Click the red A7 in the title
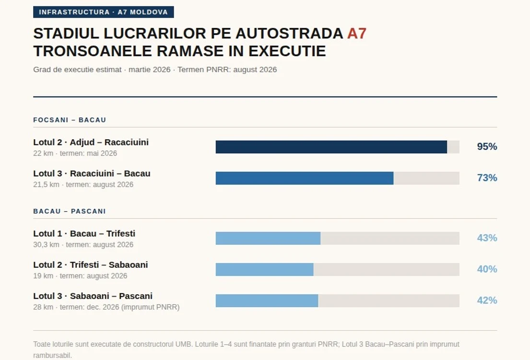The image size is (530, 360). tap(357, 34)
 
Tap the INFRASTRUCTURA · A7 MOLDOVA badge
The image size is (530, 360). tap(104, 12)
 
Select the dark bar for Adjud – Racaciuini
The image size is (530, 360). tap(331, 147)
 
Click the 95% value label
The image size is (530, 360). tap(487, 146)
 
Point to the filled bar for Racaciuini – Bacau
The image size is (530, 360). tap(305, 178)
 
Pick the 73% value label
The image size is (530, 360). tap(487, 178)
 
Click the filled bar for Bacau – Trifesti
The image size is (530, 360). tap(268, 238)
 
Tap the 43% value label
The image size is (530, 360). tap(487, 238)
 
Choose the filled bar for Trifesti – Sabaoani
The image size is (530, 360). tap(264, 269)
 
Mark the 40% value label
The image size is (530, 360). tap(487, 269)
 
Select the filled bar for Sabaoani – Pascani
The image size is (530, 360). tap(267, 300)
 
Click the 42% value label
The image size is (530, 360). tap(487, 300)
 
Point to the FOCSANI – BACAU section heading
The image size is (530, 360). tap(70, 120)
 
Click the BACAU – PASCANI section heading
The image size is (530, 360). tap(69, 211)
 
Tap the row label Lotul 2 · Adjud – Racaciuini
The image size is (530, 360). tap(91, 142)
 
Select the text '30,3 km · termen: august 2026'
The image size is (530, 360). tap(83, 245)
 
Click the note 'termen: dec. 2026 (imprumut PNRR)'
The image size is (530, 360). tap(119, 307)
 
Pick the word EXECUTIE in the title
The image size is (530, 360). tap(287, 51)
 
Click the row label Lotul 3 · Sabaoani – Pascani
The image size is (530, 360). tap(93, 296)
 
